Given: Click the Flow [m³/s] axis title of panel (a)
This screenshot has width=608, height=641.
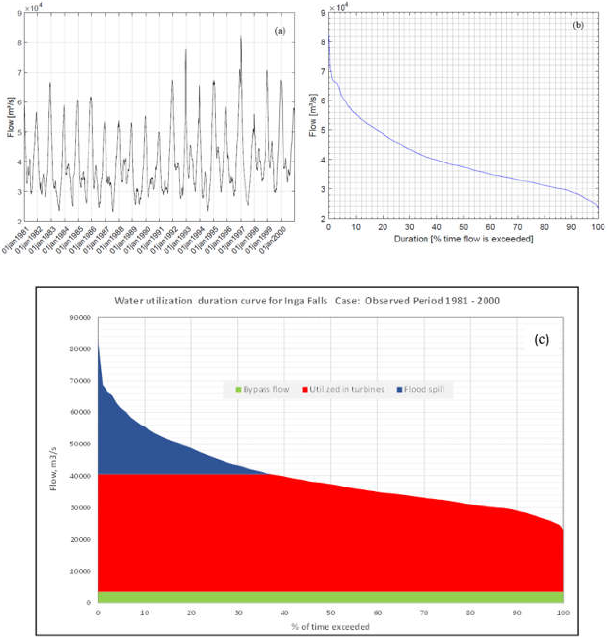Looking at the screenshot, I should pyautogui.click(x=11, y=117).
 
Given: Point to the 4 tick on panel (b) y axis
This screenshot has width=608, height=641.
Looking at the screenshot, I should pyautogui.click(x=323, y=159).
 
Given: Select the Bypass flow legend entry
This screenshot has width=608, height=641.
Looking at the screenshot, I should pyautogui.click(x=263, y=390).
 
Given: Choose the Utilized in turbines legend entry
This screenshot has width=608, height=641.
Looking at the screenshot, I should pyautogui.click(x=343, y=390).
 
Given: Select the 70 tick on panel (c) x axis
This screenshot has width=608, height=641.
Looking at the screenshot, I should pyautogui.click(x=424, y=613).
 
